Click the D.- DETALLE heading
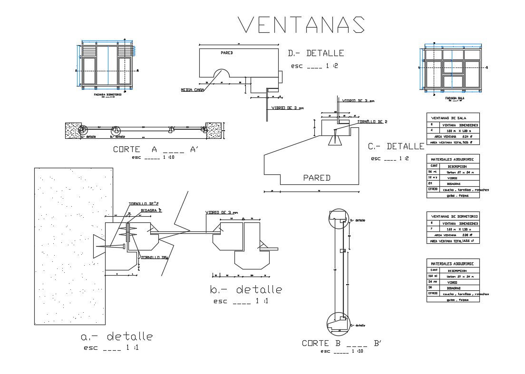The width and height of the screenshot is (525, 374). tap(316, 53)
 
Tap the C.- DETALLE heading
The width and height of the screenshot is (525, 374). tap(396, 146)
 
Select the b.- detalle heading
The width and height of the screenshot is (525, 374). tap(245, 289)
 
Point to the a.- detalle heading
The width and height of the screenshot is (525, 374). tap(117, 337)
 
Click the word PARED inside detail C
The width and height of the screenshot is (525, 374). tap(317, 178)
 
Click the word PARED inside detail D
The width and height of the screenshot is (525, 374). tap(226, 53)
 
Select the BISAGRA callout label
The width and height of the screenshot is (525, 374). tap(151, 210)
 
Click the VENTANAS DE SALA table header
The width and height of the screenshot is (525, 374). tap(448, 118)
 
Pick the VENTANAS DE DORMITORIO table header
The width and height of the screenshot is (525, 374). tap(454, 216)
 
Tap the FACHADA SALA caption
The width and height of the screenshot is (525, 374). tap(454, 98)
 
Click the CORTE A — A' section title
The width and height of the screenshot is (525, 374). tap(155, 149)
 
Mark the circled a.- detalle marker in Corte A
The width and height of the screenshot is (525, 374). tap(83, 129)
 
